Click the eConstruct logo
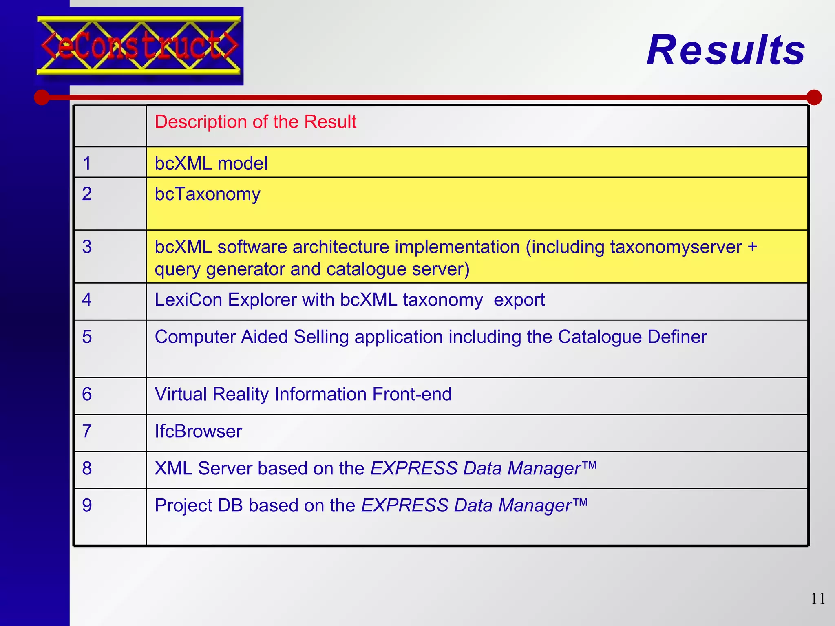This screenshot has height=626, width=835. click(x=139, y=46)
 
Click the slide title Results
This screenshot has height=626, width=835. click(x=726, y=50)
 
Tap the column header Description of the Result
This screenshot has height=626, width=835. click(x=255, y=122)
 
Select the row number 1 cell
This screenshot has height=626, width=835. click(x=87, y=163)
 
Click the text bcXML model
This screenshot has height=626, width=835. click(x=211, y=163)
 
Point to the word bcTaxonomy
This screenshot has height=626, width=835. click(x=207, y=194)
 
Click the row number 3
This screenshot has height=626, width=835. click(x=87, y=247)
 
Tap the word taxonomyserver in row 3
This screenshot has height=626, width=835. click(x=676, y=247)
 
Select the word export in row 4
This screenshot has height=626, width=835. click(x=519, y=300)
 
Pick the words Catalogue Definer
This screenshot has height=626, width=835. click(x=632, y=337)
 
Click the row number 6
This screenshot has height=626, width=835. click(x=87, y=394)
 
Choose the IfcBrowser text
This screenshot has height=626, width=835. click(x=198, y=431)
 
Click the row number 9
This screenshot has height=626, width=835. click(x=87, y=505)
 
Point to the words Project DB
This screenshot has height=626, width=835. click(x=199, y=505)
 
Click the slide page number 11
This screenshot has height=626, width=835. click(x=818, y=598)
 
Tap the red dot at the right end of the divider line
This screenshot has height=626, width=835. click(x=814, y=97)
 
